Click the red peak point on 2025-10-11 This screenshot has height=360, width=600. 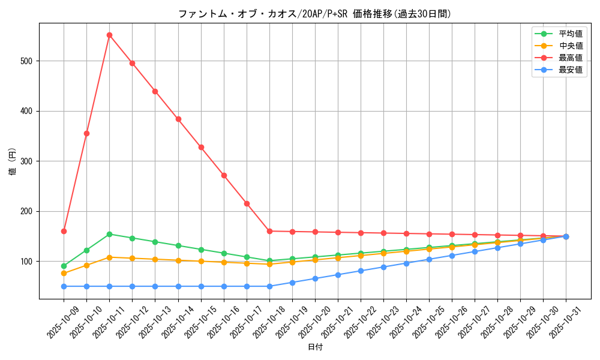point(109,35)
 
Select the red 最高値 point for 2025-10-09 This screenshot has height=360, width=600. point(64,231)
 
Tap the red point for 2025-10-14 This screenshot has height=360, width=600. point(178,119)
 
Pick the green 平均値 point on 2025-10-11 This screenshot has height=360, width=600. point(109,234)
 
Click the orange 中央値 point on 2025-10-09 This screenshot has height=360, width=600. point(64,273)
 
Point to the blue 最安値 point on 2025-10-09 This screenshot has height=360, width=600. point(64,286)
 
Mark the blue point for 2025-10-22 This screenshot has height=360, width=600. point(361,271)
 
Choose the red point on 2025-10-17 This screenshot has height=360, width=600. point(247,203)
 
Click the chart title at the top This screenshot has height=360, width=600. point(314,14)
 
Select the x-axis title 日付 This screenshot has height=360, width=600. point(315,347)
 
